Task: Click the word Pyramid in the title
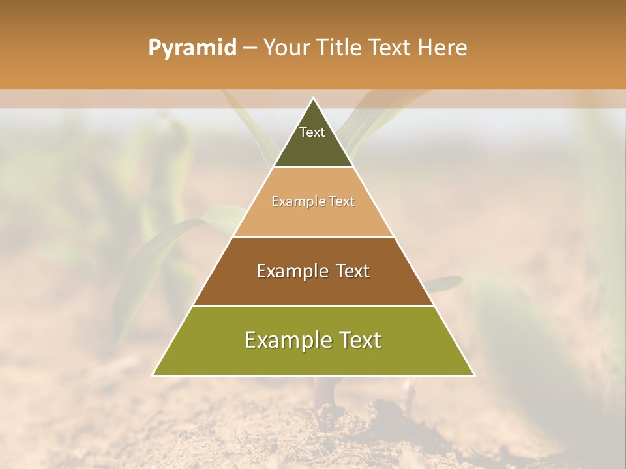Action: coord(192,48)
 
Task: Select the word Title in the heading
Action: coord(339,48)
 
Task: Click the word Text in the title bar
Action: coord(390,48)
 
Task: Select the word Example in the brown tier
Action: coord(288,271)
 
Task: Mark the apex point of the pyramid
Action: coord(313,99)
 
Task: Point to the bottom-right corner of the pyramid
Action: coord(473,375)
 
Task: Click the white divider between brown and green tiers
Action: coord(313,306)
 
